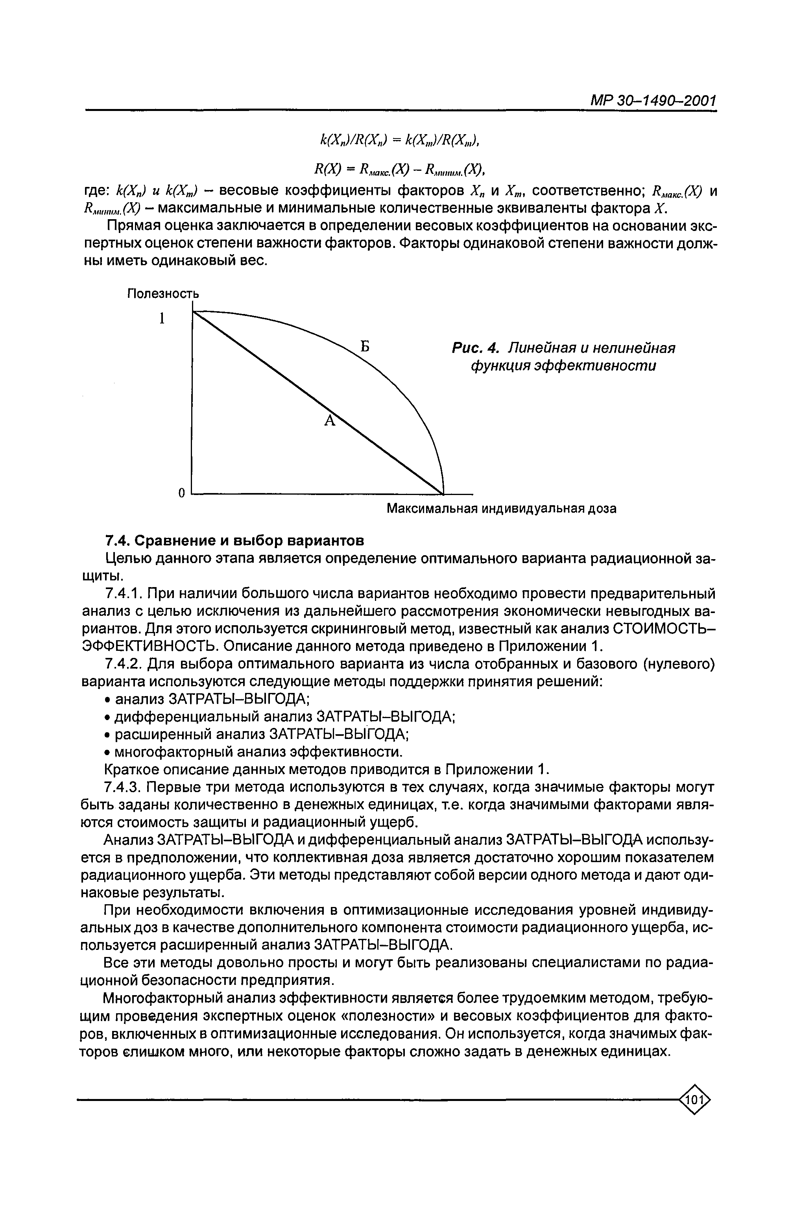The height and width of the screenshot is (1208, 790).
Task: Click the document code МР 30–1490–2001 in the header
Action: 653,102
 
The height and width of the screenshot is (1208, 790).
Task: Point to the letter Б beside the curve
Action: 364,347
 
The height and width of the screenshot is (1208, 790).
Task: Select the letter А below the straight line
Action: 329,420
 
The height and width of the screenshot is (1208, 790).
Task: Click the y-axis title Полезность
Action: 163,294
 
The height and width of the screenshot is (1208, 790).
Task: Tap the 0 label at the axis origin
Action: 181,492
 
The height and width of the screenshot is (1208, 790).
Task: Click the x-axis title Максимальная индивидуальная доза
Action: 501,508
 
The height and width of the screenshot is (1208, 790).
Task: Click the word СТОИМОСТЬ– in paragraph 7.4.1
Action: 664,629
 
